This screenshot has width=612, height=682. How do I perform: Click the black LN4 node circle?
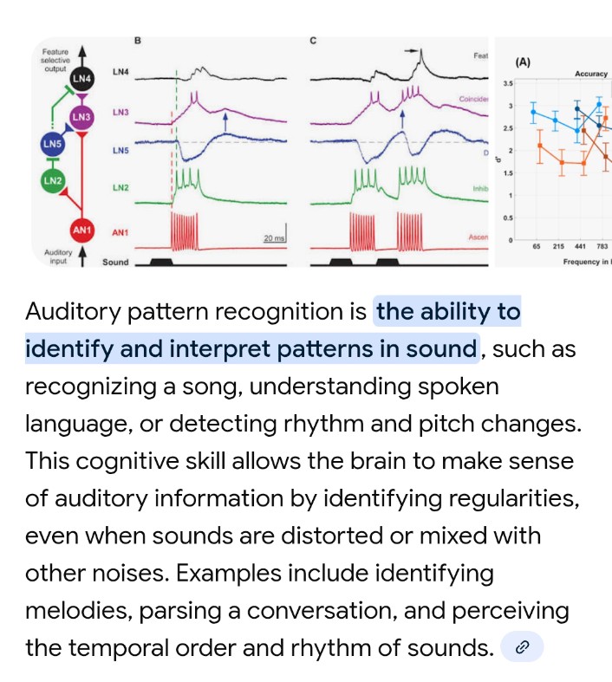click(81, 80)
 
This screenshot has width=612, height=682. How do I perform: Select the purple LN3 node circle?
click(81, 115)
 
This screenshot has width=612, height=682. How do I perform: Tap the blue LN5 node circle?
click(52, 144)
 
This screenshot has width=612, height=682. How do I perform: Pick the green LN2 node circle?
click(52, 181)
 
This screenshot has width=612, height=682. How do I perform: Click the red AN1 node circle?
click(81, 231)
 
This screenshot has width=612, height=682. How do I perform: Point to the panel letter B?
click(138, 42)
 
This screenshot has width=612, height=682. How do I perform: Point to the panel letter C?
click(313, 42)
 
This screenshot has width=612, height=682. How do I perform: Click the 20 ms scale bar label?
click(275, 237)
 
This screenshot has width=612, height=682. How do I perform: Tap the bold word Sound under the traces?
click(115, 262)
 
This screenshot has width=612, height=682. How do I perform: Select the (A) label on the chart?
click(523, 62)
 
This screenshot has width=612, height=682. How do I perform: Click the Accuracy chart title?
click(590, 75)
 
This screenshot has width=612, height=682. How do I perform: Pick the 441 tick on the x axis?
click(580, 247)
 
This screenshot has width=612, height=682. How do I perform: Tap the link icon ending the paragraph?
click(522, 647)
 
